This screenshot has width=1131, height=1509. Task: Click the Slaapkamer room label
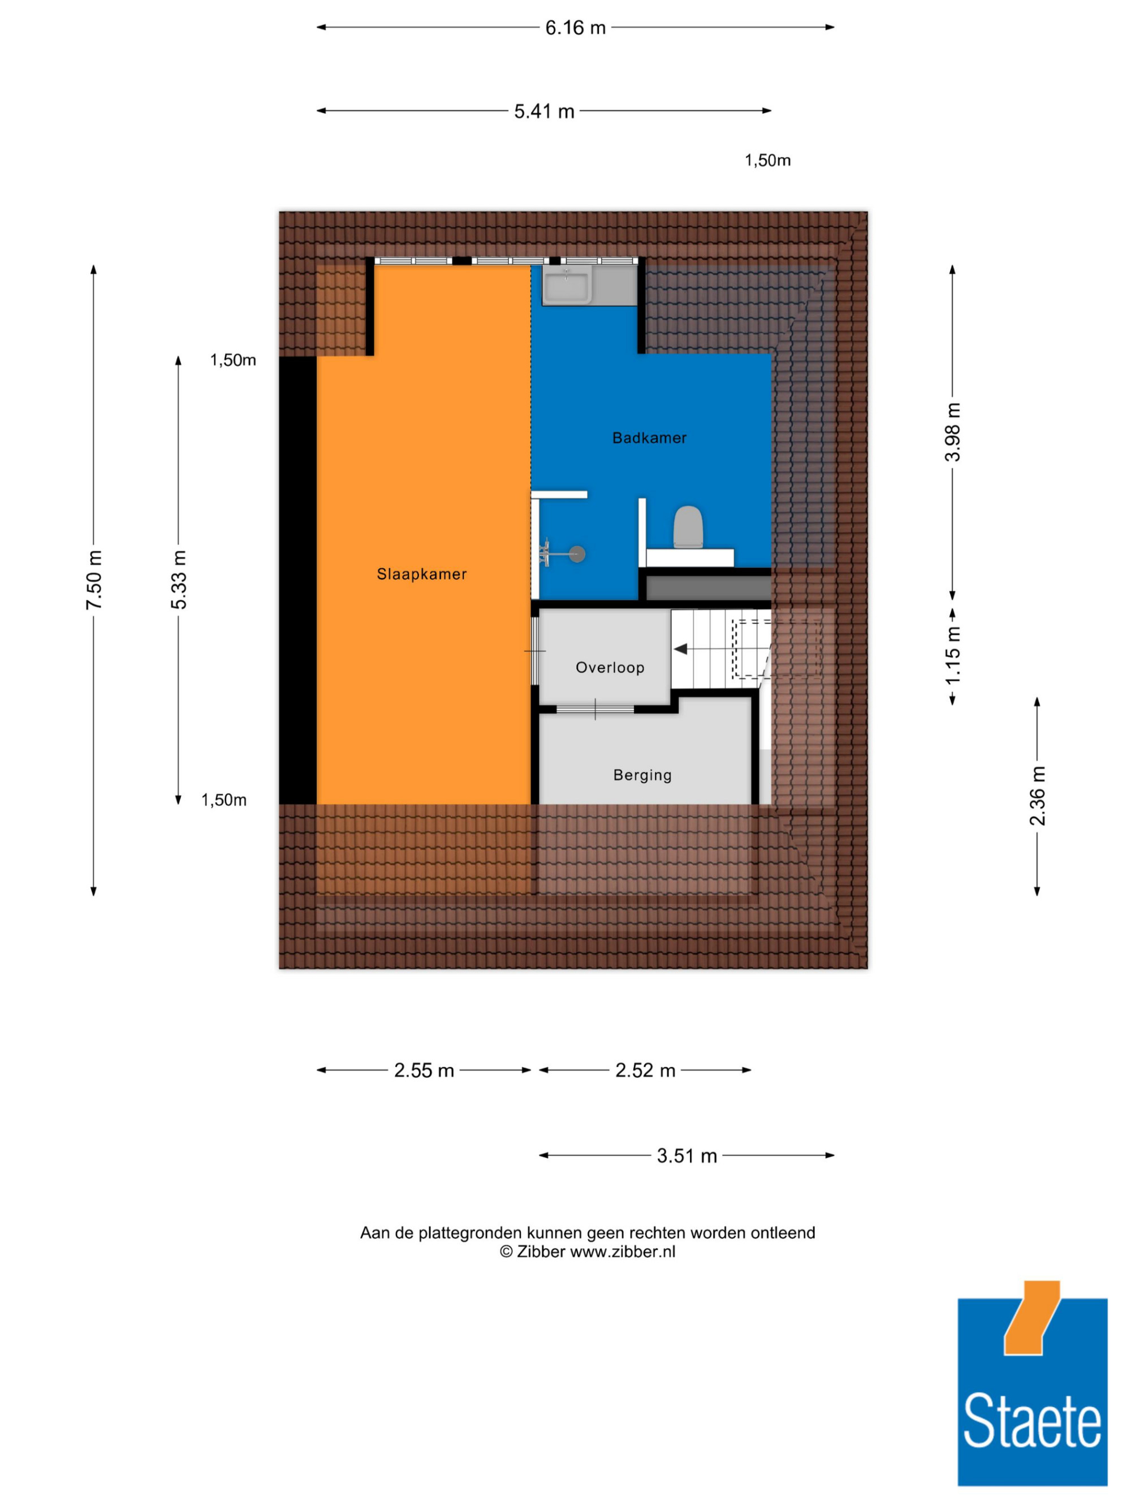[421, 574]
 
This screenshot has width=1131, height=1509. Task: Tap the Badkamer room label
[649, 438]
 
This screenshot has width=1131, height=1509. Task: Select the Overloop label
[610, 667]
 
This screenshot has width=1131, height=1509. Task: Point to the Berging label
[642, 775]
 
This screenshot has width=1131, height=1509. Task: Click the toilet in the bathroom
[687, 527]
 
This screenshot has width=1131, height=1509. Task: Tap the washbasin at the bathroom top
[567, 285]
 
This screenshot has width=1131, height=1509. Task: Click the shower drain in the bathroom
[577, 554]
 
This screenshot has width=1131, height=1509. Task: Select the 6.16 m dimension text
[575, 28]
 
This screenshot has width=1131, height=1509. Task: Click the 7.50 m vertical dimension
[94, 580]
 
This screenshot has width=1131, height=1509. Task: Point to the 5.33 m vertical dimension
[179, 580]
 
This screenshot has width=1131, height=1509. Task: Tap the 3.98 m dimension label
[952, 432]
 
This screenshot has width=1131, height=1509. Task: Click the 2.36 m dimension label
[1037, 796]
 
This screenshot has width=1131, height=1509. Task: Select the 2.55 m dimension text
[424, 1071]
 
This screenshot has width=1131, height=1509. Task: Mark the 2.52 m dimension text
[645, 1071]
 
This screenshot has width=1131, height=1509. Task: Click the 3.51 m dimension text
[687, 1155]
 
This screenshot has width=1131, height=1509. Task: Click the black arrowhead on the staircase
[680, 649]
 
